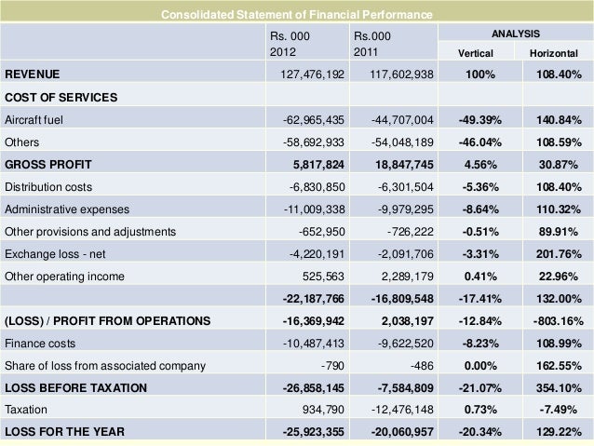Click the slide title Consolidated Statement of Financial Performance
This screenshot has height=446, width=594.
click(296, 15)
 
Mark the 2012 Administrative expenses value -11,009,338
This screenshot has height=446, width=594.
click(306, 209)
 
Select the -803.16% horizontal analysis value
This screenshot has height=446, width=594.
click(557, 321)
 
